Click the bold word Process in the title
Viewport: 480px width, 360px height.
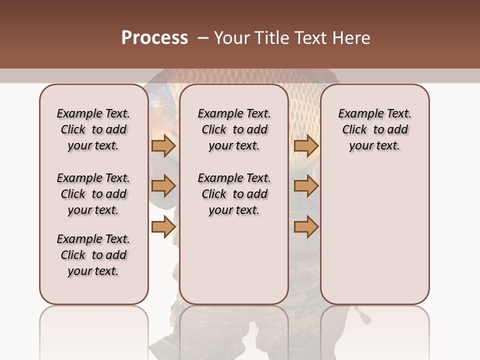point(154,38)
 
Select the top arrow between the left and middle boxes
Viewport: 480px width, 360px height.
point(163,145)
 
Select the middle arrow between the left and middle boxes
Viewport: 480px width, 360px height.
point(163,186)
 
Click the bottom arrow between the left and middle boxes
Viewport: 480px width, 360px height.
point(163,227)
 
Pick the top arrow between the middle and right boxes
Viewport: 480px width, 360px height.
point(306,145)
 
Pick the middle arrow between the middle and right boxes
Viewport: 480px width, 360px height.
point(306,186)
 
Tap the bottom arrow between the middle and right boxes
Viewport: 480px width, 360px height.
point(306,227)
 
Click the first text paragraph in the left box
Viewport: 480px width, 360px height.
point(93,129)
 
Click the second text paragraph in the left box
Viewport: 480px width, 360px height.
point(93,194)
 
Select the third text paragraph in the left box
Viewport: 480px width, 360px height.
point(93,255)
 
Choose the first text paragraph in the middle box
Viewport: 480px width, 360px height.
point(234,129)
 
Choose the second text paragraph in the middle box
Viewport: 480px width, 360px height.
point(234,194)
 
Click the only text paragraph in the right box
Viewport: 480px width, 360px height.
point(374,129)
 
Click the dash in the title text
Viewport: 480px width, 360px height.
point(203,38)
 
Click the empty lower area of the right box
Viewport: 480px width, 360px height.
point(374,235)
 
